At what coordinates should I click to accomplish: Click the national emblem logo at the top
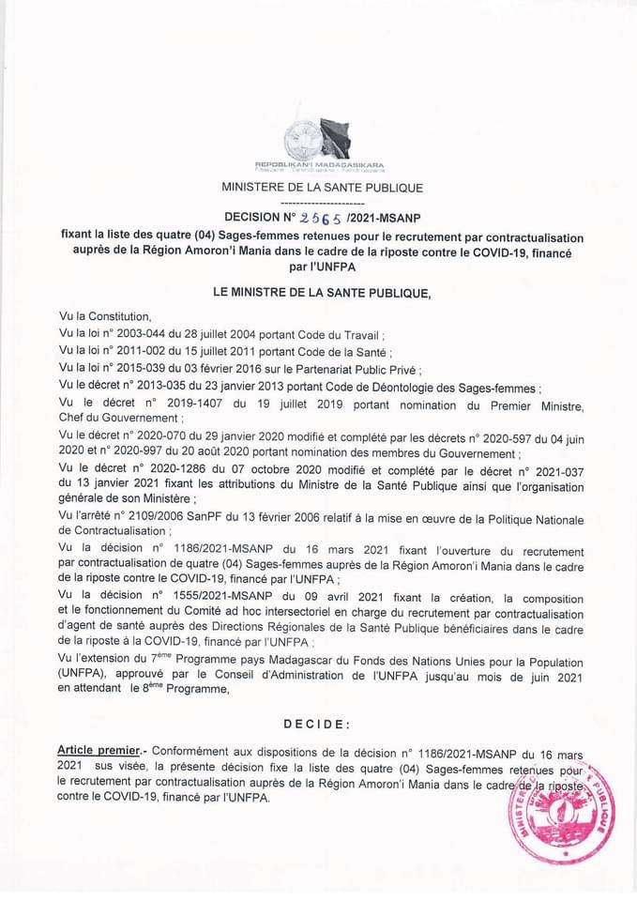(x=319, y=139)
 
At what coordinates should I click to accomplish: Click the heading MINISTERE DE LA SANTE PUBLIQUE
(x=322, y=188)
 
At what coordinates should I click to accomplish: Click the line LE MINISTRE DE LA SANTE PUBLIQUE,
(x=322, y=293)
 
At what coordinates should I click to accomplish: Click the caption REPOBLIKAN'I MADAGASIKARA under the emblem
(x=319, y=165)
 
